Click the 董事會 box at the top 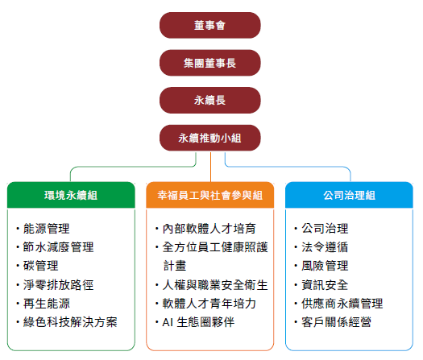pyautogui.click(x=209, y=25)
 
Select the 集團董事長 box pyautogui.click(x=209, y=63)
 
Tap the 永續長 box pyautogui.click(x=209, y=101)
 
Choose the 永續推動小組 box pyautogui.click(x=209, y=138)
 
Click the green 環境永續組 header pyautogui.click(x=71, y=195)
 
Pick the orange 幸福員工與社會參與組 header pyautogui.click(x=209, y=195)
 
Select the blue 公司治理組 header pyautogui.click(x=349, y=195)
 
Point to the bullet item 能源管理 pyautogui.click(x=47, y=229)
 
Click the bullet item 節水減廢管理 pyautogui.click(x=58, y=247)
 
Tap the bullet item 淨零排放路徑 pyautogui.click(x=58, y=285)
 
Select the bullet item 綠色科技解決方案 pyautogui.click(x=70, y=322)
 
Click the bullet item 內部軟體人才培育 pyautogui.click(x=209, y=229)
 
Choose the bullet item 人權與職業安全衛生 pyautogui.click(x=215, y=285)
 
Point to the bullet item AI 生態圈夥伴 pyautogui.click(x=198, y=322)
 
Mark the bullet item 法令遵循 pyautogui.click(x=325, y=247)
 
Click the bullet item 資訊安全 pyautogui.click(x=325, y=285)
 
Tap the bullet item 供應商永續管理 pyautogui.click(x=342, y=304)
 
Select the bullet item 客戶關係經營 pyautogui.click(x=337, y=322)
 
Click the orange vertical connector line pyautogui.click(x=210, y=167)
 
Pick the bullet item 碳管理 pyautogui.click(x=41, y=266)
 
